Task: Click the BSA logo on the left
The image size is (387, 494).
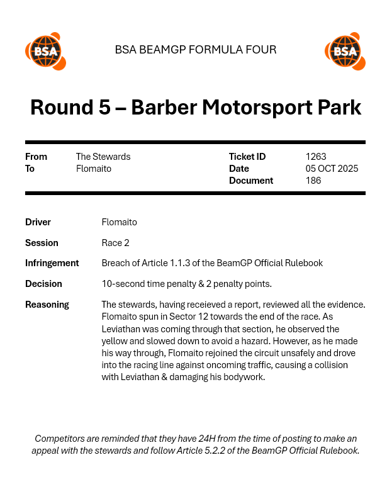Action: click(x=45, y=51)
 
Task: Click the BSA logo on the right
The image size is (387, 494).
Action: click(x=345, y=51)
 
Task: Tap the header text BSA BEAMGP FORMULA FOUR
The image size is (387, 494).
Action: click(x=196, y=50)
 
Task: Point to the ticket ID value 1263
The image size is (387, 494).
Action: click(x=316, y=157)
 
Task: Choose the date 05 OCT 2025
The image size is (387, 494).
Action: click(x=332, y=169)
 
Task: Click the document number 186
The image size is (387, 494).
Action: click(x=313, y=181)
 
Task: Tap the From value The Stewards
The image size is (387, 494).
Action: click(x=103, y=157)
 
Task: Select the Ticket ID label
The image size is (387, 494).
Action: click(x=247, y=157)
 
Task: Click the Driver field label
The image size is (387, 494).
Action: click(x=38, y=222)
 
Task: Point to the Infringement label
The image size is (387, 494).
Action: click(x=52, y=263)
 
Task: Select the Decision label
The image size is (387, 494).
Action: click(x=43, y=284)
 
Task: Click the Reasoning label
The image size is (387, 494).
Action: click(x=47, y=305)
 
